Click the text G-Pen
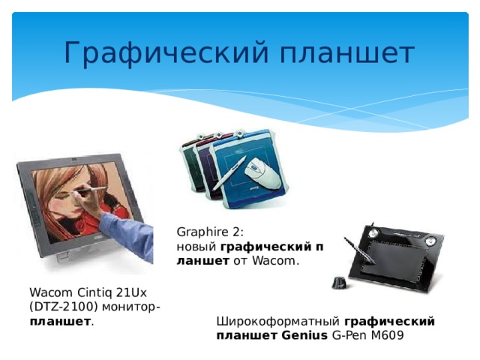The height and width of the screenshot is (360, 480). (x=346, y=335)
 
